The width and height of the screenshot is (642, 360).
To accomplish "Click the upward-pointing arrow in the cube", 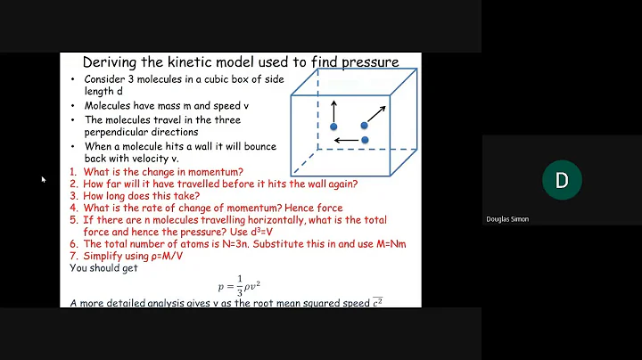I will pyautogui.click(x=334, y=111).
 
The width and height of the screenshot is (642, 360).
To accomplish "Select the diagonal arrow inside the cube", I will pyautogui.click(x=376, y=113).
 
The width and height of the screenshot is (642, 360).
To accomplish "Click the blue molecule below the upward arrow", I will pyautogui.click(x=333, y=127).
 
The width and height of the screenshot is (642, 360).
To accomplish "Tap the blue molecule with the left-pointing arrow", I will pyautogui.click(x=365, y=140).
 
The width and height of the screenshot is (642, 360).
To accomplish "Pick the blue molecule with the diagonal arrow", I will pyautogui.click(x=364, y=126).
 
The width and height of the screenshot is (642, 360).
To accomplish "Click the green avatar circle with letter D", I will pyautogui.click(x=561, y=181).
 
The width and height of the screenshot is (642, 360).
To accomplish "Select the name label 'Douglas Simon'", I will pyautogui.click(x=507, y=219).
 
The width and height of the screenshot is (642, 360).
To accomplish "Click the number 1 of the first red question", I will pyautogui.click(x=73, y=172).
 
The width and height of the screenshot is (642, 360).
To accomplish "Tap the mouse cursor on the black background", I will pyautogui.click(x=43, y=180).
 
